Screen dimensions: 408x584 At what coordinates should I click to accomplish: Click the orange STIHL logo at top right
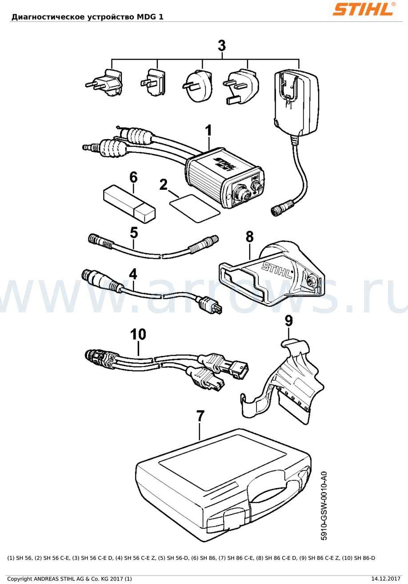(364, 9)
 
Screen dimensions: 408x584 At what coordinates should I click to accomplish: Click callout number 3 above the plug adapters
(222, 46)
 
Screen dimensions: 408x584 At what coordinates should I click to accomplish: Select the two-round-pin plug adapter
(104, 82)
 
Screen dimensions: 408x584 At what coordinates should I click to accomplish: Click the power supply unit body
(296, 103)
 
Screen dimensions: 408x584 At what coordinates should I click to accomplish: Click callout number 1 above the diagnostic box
(208, 130)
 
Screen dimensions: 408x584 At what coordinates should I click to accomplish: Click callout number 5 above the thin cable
(134, 233)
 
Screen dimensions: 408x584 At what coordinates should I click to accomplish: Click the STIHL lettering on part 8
(276, 270)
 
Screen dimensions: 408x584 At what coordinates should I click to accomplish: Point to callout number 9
(288, 321)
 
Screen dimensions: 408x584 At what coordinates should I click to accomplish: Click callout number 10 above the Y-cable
(138, 334)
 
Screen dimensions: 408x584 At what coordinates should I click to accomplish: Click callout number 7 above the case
(200, 416)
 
